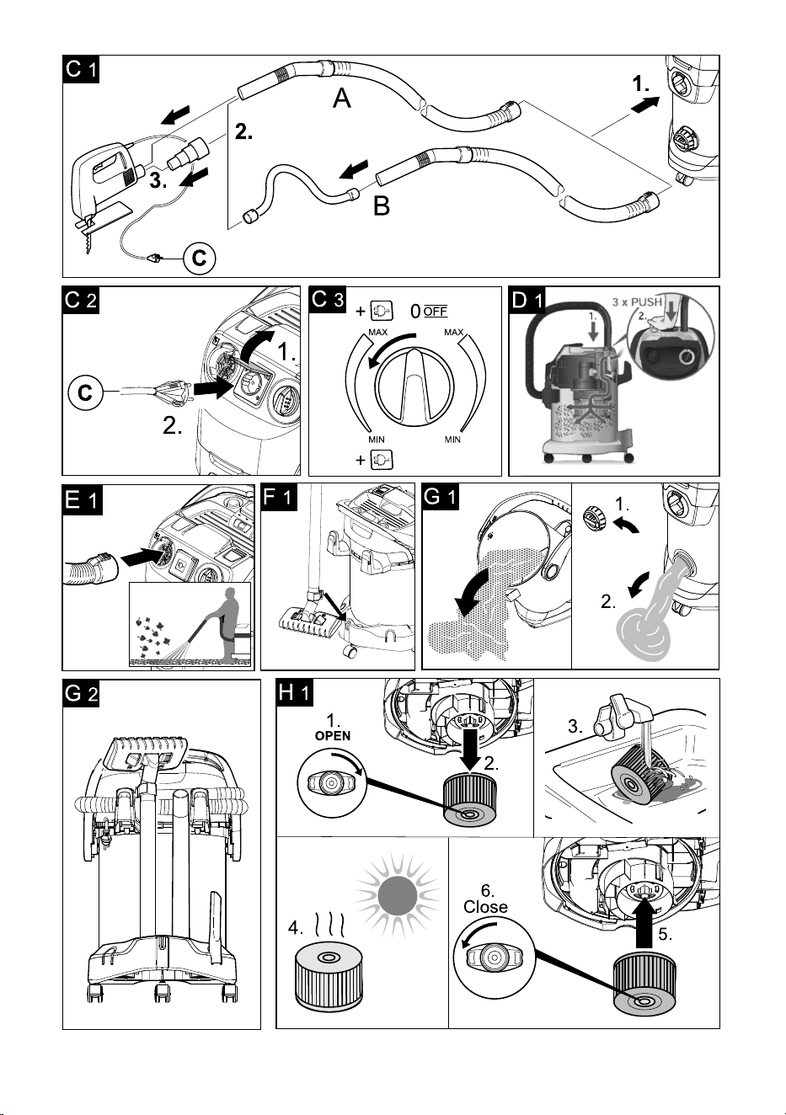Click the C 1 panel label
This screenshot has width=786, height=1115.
(81, 69)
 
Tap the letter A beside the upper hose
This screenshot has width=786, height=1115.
(342, 97)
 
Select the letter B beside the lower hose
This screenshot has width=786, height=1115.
(382, 205)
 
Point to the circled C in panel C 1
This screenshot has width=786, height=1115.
(200, 259)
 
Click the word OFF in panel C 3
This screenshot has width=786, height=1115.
(436, 312)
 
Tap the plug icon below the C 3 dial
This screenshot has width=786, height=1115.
(382, 460)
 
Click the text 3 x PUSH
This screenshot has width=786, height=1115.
(637, 302)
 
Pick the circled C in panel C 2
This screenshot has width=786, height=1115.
(85, 392)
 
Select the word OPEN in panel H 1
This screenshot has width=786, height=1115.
(333, 736)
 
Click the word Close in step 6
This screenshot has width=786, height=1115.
(485, 907)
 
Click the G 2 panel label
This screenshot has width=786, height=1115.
(81, 694)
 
